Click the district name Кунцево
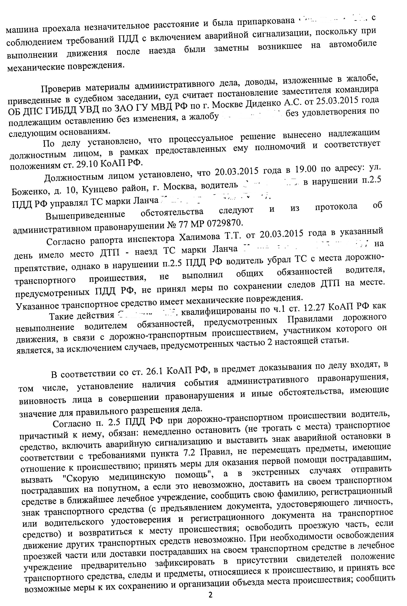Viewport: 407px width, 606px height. (100, 190)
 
